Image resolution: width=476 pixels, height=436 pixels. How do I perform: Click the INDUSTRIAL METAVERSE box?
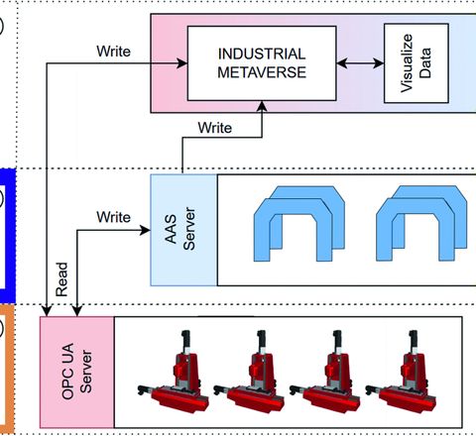262,63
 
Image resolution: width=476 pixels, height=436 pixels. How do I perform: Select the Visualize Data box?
416,63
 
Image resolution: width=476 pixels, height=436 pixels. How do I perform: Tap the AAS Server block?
183,230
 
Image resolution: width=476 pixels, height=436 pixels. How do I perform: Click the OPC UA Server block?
77,373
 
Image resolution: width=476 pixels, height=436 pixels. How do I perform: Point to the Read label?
61,279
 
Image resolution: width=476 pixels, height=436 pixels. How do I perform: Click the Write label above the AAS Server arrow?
113,217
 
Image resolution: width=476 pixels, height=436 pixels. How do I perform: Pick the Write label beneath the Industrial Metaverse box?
215,128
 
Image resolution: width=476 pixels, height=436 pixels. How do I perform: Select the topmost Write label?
113,52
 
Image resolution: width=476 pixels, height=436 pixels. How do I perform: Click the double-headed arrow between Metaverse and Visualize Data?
360,63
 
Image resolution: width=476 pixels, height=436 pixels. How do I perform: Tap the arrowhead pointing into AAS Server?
145,230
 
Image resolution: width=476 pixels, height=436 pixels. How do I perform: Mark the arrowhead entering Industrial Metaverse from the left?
181,63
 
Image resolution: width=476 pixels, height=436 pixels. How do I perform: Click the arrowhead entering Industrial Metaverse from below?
262,106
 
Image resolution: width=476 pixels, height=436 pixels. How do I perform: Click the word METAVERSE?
262,72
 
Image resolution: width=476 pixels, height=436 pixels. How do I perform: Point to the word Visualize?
407,63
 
